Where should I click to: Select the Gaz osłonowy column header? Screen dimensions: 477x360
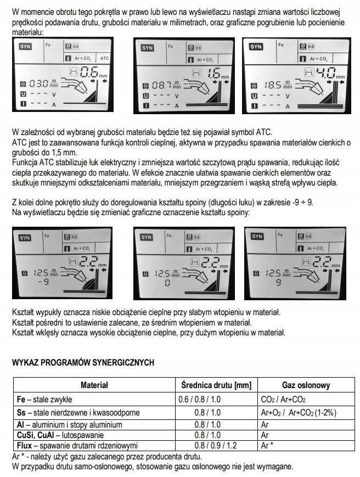pyautogui.click(x=306, y=385)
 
